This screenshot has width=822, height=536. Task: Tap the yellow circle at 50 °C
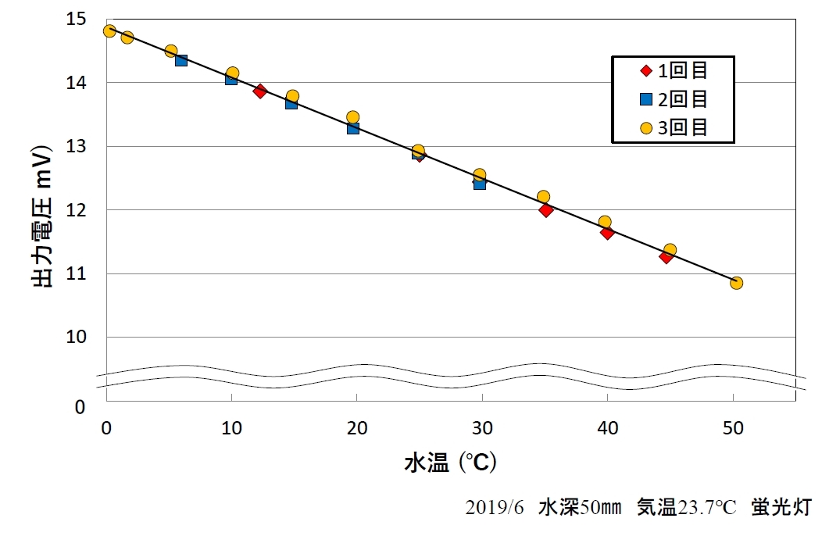coord(736,283)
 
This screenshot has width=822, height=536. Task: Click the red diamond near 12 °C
coord(260,91)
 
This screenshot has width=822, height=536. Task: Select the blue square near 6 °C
coord(181,60)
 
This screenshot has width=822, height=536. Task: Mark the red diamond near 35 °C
coord(546,209)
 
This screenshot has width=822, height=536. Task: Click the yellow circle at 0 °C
coord(109,31)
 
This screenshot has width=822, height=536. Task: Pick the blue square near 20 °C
coord(353,127)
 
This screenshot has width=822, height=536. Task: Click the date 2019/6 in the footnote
coord(495,508)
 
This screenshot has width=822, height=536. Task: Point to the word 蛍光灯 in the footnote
coord(781,508)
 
